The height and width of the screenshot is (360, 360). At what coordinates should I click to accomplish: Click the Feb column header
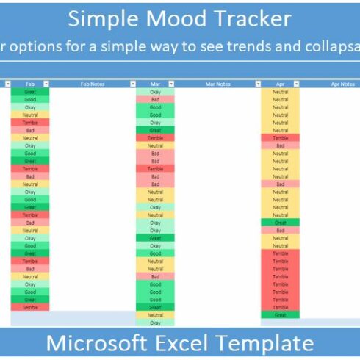(30, 84)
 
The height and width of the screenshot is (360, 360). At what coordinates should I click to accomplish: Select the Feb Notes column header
(93, 84)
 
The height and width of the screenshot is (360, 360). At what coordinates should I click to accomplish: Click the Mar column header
(155, 84)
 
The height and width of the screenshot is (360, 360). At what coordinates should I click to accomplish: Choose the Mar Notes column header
(217, 84)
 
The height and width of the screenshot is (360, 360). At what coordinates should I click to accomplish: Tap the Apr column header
(280, 84)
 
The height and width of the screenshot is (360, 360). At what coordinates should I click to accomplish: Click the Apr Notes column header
(342, 84)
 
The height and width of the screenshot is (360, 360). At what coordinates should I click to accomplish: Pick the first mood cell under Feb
(30, 92)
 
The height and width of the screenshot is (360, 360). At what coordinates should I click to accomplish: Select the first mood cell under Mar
(155, 92)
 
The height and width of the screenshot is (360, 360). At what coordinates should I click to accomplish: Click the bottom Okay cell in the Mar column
(155, 323)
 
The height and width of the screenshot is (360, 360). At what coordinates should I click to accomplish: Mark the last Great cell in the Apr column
(280, 314)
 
